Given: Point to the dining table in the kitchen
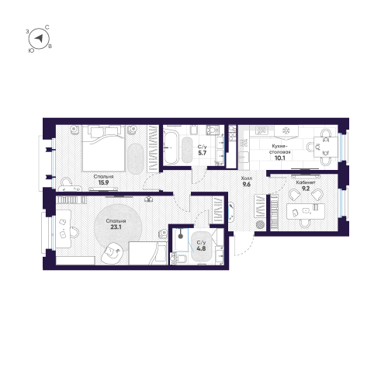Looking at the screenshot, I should (x=320, y=146).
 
